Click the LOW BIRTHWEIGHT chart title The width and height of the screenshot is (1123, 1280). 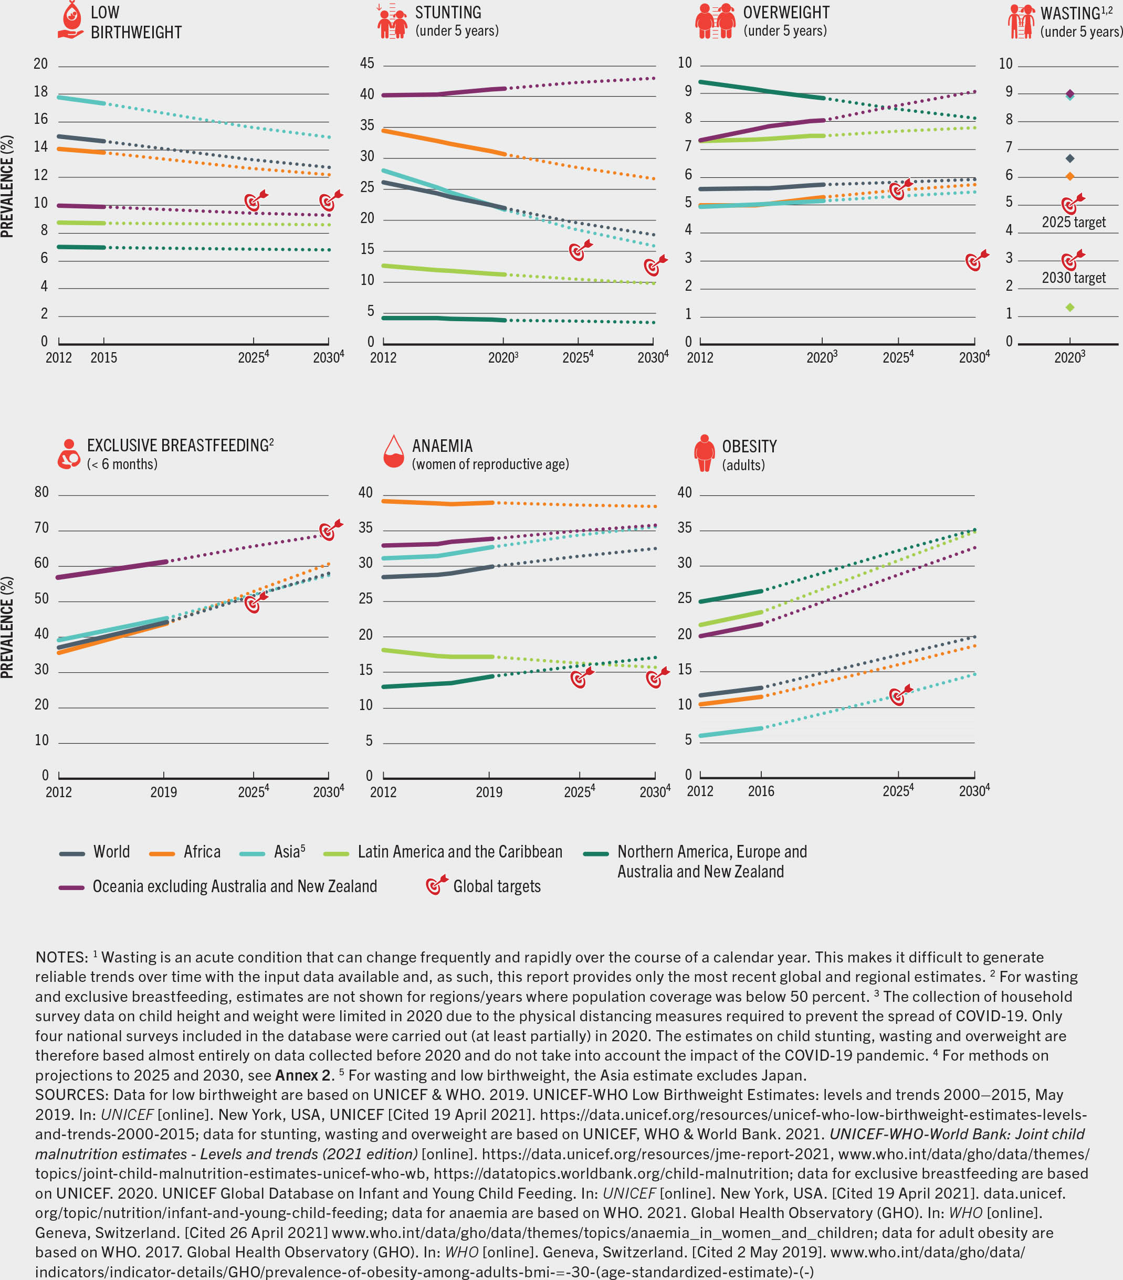[136, 23]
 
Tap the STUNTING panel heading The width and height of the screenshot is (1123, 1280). [448, 13]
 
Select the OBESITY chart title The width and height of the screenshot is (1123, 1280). [749, 447]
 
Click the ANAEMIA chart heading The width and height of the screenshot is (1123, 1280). [442, 446]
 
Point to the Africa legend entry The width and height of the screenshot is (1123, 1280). [202, 852]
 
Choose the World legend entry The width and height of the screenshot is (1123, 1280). [111, 852]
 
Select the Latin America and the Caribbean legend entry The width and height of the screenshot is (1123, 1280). [460, 852]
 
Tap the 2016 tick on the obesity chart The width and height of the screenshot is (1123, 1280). [761, 791]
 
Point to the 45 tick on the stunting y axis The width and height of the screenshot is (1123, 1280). [367, 64]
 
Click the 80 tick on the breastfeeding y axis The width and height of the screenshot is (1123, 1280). [41, 492]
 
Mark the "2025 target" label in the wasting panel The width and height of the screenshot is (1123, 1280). [1074, 223]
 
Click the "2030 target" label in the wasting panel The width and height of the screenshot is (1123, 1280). [1074, 278]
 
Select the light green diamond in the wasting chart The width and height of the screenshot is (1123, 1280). [1070, 308]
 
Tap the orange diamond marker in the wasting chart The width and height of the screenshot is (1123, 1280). [1070, 176]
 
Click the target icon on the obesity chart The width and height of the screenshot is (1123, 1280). [899, 696]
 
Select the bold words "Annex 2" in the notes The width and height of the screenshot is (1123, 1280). [302, 1075]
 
